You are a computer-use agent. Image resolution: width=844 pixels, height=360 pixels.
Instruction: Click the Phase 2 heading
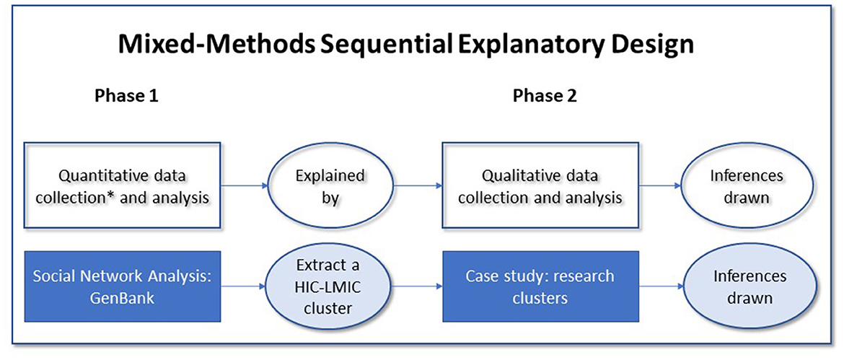(544, 97)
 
